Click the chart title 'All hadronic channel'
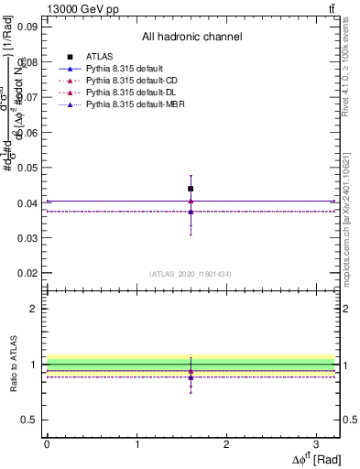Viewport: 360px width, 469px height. pyautogui.click(x=191, y=38)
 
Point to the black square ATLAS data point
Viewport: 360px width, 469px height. pyautogui.click(x=191, y=189)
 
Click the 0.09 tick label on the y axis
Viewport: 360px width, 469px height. pyautogui.click(x=28, y=27)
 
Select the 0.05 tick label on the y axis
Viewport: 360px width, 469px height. pyautogui.click(x=28, y=168)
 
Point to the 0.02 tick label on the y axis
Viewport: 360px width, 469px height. pyautogui.click(x=28, y=273)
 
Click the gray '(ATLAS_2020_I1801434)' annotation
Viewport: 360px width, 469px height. pyautogui.click(x=191, y=274)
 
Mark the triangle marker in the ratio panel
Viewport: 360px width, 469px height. pyautogui.click(x=191, y=376)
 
